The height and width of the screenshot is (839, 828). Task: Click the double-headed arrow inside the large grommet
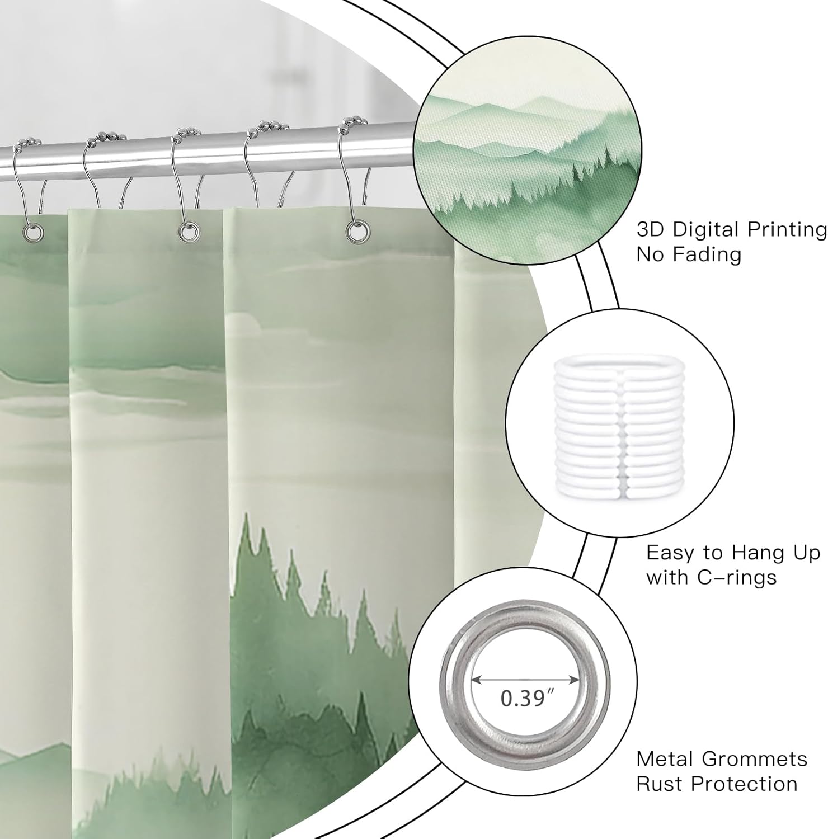[525, 680]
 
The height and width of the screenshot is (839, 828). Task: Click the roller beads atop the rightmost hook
[353, 124]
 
